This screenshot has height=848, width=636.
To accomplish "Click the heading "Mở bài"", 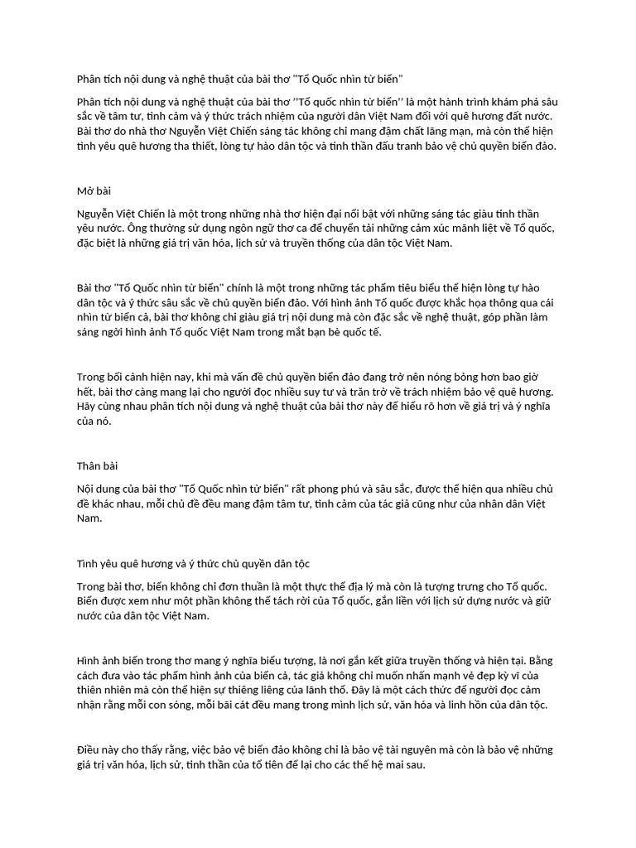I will pos(94,190).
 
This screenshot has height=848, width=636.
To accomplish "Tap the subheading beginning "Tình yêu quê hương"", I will pos(193,564).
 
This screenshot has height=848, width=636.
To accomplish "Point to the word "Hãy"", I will pos(87,406).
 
